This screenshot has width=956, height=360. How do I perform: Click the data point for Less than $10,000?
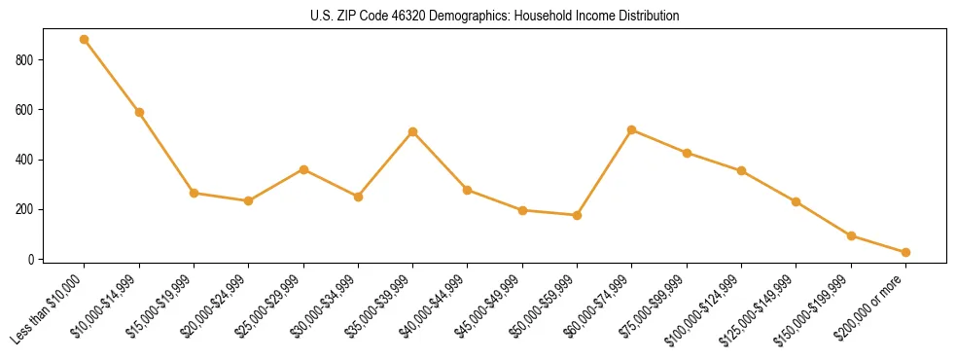tap(85, 40)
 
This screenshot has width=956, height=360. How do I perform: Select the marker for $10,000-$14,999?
tap(139, 112)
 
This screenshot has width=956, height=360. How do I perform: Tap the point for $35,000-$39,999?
tap(413, 131)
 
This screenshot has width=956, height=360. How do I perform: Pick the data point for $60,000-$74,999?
tap(632, 129)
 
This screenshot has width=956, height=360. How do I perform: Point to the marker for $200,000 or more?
tap(905, 252)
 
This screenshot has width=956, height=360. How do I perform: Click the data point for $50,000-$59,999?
tap(578, 215)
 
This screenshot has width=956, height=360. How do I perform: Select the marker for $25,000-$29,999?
tap(303, 169)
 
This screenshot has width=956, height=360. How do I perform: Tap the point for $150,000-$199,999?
tap(851, 235)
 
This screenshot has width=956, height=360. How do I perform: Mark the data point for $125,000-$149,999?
tap(797, 201)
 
